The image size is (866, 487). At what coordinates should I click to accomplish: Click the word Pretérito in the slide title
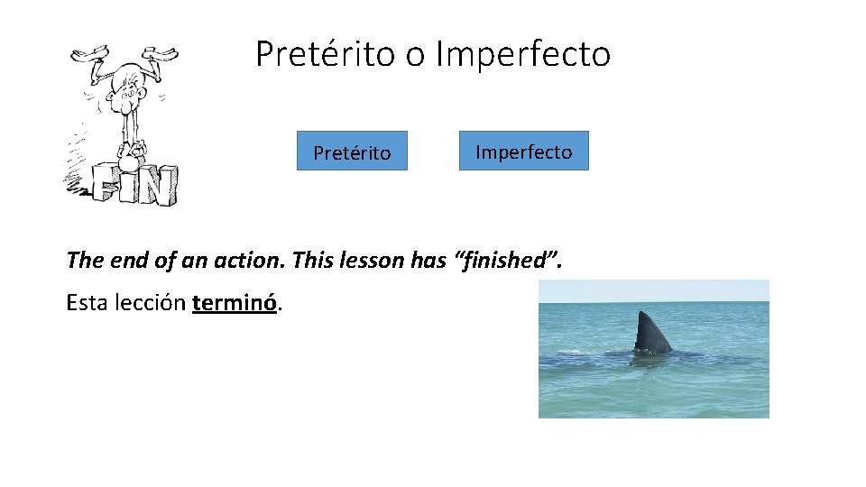click(x=326, y=54)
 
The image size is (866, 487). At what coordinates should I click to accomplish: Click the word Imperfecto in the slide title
click(x=523, y=54)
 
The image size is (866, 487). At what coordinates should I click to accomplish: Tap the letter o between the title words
click(x=415, y=56)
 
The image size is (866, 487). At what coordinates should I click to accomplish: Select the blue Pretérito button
click(x=352, y=152)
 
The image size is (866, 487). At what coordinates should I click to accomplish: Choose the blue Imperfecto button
click(x=523, y=151)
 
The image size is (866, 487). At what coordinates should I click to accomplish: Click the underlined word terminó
click(x=235, y=303)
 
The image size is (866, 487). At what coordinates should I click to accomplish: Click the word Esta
click(x=88, y=303)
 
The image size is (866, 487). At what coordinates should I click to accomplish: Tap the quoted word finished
click(x=511, y=261)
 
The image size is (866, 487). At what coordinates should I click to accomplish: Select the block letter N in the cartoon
click(x=157, y=187)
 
